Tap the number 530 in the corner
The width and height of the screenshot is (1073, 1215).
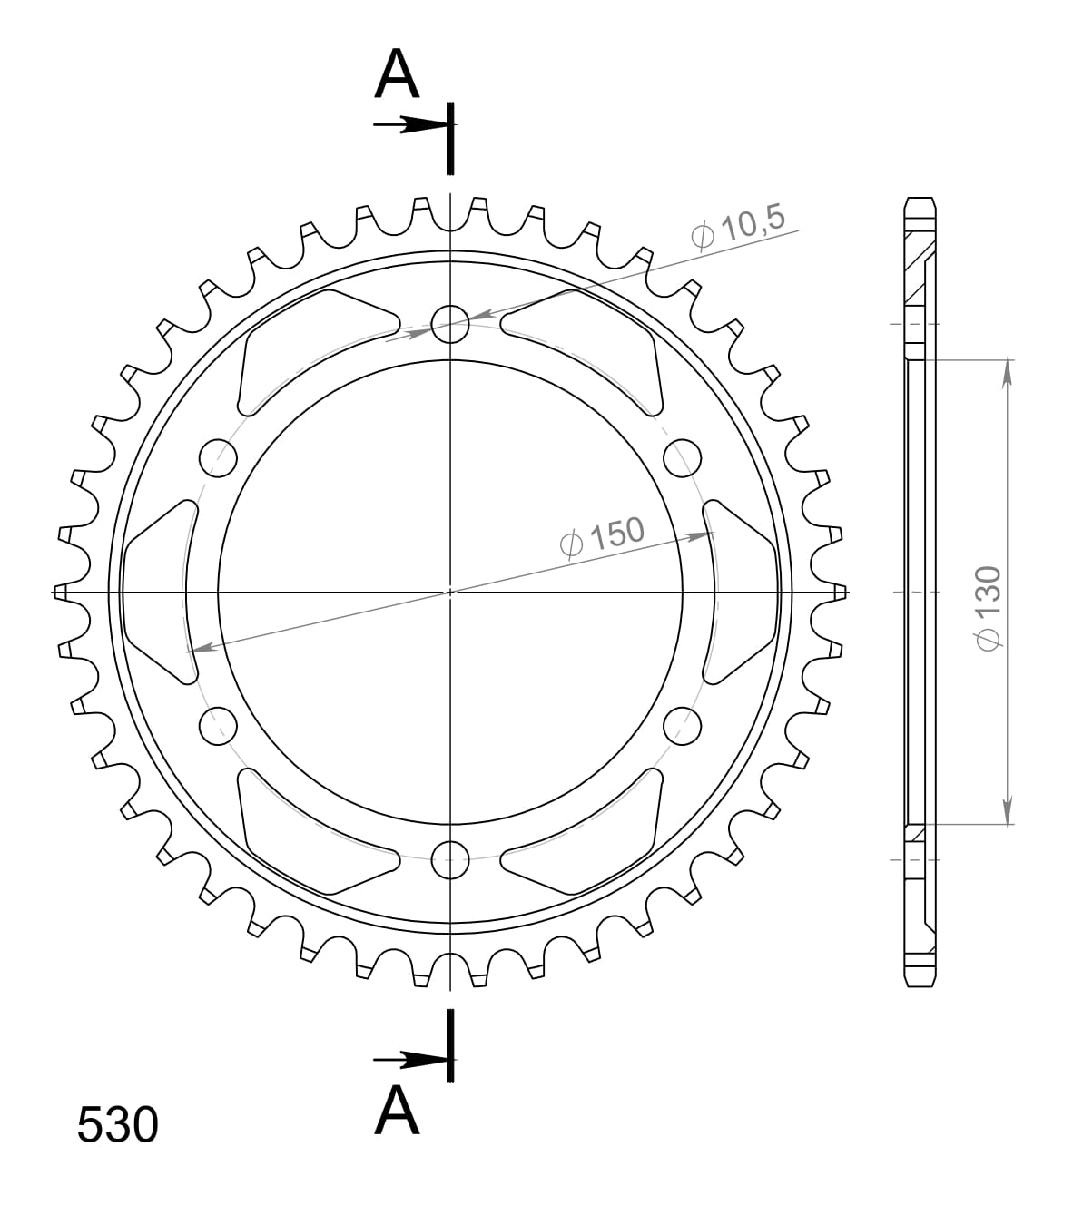point(117,1125)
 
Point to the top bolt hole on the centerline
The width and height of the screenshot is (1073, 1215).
point(450,323)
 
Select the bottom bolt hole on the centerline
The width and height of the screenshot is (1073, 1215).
point(450,859)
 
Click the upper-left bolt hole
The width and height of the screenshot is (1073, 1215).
point(217,457)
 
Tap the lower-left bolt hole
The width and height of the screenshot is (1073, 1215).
point(217,726)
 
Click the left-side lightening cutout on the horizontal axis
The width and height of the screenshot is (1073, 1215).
point(160,592)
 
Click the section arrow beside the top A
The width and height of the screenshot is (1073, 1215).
point(409,125)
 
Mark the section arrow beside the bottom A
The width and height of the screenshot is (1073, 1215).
point(409,1059)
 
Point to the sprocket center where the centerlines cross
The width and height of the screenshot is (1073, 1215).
point(450,592)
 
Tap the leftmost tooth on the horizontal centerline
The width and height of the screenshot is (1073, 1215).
point(61,592)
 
